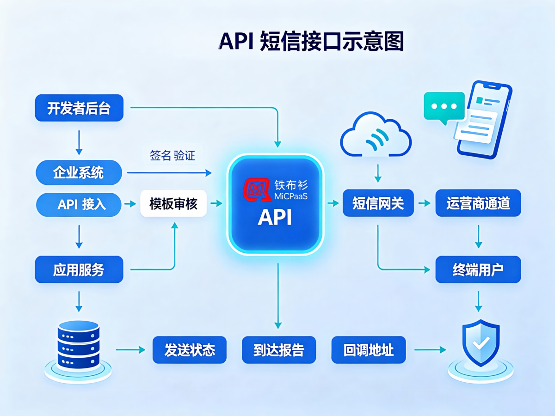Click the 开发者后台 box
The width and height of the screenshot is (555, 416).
79,108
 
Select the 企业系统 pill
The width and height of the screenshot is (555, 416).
79,172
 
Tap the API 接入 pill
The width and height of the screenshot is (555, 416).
79,204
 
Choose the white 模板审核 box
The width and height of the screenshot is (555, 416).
173,203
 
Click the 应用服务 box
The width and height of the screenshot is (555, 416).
79,269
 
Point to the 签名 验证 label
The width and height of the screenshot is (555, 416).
173,155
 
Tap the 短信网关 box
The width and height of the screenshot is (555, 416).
378,203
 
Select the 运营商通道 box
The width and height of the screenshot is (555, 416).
478,203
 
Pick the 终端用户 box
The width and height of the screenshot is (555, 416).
478,269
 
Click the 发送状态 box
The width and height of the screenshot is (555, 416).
189,349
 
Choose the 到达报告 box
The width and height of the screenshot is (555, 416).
279,349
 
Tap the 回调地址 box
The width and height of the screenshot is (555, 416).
369,349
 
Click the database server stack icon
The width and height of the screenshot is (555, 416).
78,351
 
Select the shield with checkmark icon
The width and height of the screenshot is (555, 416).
481,350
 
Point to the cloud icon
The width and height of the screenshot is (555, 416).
376,135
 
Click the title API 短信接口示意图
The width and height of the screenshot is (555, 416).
311,41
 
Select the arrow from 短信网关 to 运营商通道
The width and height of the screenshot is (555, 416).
425,203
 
